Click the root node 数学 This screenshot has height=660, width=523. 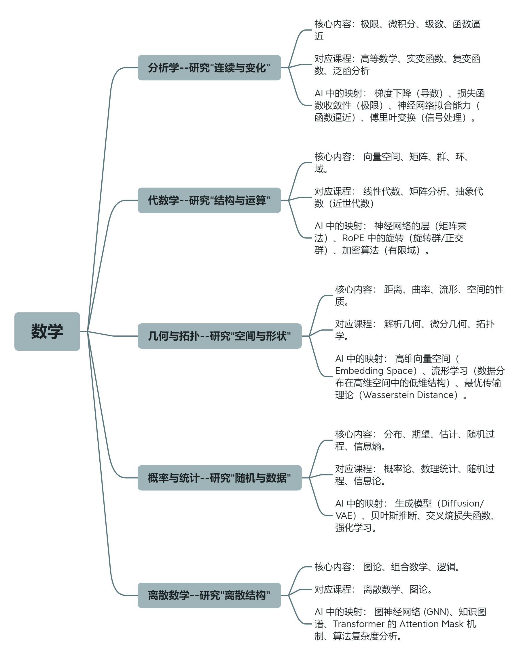(47, 331)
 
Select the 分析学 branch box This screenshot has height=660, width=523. (209, 68)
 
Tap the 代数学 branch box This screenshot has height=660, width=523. (209, 200)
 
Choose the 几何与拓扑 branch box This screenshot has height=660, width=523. (219, 336)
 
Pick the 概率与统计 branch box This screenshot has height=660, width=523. (219, 478)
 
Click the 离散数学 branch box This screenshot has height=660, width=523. (209, 595)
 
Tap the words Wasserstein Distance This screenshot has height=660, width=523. (410, 395)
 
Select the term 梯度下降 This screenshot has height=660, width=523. (393, 93)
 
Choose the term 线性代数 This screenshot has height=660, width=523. (382, 191)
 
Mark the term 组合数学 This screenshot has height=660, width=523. (409, 567)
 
